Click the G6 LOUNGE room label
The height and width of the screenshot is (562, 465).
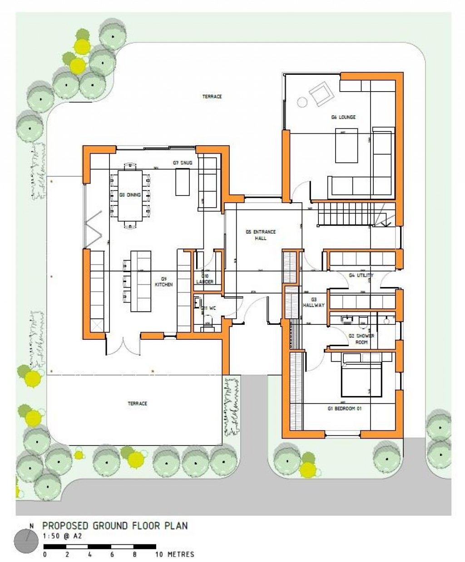coord(343,117)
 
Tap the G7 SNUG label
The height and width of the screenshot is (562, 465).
coord(183,162)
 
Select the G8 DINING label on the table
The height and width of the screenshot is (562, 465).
coord(130,195)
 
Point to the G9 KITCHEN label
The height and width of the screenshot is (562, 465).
coord(164,282)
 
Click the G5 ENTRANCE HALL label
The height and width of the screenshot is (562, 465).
coord(261,235)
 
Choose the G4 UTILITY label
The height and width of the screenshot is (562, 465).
coord(361,275)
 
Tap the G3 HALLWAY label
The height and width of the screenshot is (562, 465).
coord(314,303)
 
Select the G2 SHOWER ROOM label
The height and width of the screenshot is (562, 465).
coord(361,339)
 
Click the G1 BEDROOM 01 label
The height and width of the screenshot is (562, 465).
coord(345,409)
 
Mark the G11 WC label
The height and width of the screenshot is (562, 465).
coord(208,308)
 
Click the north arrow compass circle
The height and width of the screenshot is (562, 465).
coord(26,541)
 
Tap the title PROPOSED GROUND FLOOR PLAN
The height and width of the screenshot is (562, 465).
coord(115,526)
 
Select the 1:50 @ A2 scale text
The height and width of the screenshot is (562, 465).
coord(63,536)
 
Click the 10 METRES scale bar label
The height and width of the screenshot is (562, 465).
coord(175,554)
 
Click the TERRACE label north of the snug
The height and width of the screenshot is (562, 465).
coord(212,97)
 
